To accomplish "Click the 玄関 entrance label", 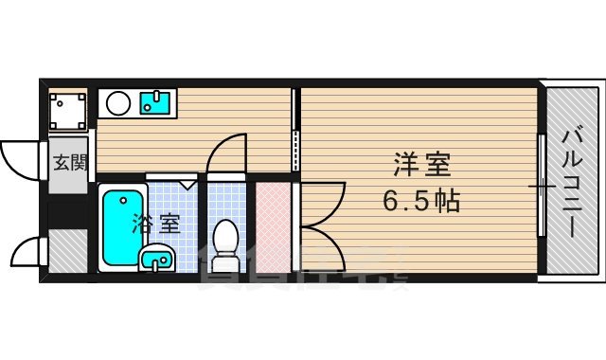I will pos(68,162).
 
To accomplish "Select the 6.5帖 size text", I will pos(422,201).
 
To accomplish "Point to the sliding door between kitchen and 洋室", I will pos(295,133).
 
